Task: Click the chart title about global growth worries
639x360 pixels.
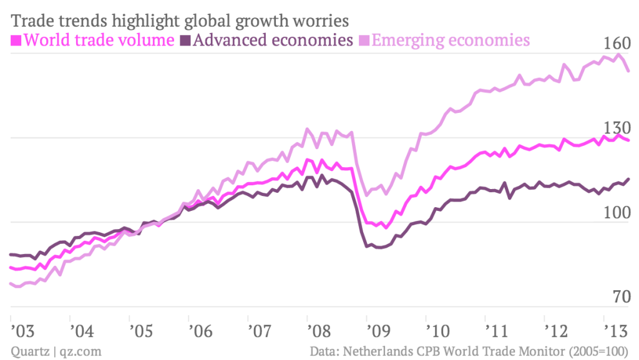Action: (179, 20)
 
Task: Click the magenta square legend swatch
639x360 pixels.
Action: (17, 42)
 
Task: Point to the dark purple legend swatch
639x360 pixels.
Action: (185, 42)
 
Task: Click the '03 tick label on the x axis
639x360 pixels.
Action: (22, 329)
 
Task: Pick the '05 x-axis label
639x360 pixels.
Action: (141, 329)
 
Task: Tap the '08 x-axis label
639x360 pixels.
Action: (319, 329)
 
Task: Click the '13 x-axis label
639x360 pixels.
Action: (616, 329)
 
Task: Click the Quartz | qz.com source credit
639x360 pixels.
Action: (56, 351)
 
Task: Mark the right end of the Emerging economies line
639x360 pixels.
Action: (628, 71)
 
